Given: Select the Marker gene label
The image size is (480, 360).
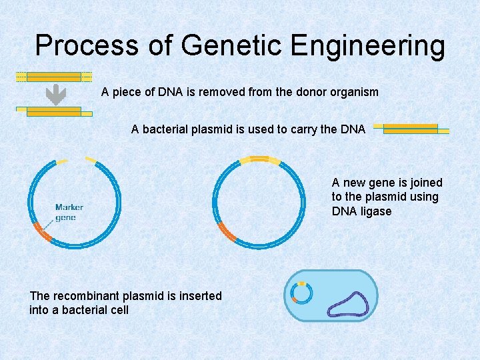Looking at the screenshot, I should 69,212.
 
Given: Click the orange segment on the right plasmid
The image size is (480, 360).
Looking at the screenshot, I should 227,233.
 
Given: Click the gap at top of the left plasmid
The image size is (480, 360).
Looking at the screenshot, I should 75,159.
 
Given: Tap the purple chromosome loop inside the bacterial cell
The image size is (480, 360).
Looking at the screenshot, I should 346,303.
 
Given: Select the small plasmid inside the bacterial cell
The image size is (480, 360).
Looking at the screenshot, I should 302,293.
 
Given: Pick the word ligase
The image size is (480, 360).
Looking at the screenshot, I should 377,211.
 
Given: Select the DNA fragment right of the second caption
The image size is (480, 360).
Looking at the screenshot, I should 411,128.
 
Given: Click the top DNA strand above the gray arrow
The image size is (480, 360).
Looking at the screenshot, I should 53,77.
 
